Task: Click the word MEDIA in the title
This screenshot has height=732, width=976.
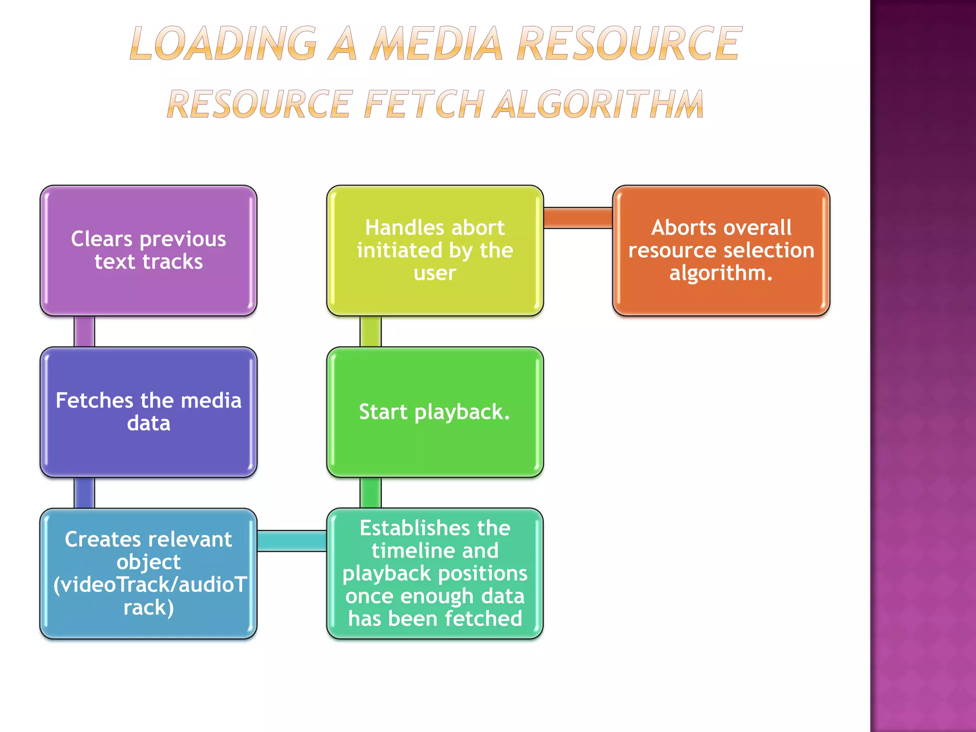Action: point(437,44)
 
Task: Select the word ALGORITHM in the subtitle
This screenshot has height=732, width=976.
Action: point(598,104)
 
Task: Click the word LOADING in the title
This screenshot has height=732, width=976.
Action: point(223,44)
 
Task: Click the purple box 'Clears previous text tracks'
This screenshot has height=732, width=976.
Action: point(148,251)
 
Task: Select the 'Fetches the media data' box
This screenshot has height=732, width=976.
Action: point(148,412)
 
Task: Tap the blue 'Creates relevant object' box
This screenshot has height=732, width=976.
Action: point(148,573)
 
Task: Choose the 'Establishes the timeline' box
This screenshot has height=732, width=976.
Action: point(435,573)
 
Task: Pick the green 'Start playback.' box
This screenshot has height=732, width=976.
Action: point(435,412)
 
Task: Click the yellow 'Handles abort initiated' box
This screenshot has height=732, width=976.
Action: point(435,251)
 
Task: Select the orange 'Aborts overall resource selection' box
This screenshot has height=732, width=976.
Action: point(721,251)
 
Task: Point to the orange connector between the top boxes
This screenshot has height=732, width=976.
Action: point(578,218)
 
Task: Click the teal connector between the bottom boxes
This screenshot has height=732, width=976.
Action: point(292,541)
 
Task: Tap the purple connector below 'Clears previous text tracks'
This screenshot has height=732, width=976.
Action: point(84,331)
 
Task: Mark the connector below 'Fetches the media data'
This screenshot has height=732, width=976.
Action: point(84,493)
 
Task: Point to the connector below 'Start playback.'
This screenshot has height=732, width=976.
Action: point(370,493)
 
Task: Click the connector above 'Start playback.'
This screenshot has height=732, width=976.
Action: point(370,331)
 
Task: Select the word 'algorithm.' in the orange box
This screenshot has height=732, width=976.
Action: point(721,273)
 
